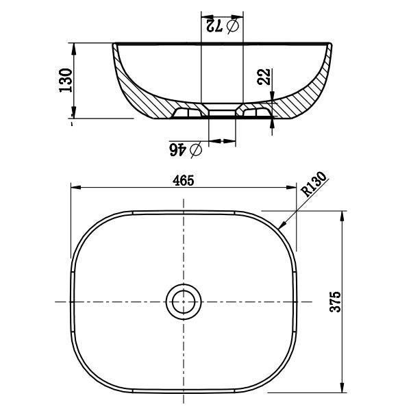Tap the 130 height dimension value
tap(66, 81)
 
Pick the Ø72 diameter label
tap(221, 26)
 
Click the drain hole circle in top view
tap(184, 301)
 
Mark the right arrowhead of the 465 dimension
tap(292, 188)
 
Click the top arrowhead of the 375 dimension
tap(340, 214)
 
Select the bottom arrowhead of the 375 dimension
tap(340, 390)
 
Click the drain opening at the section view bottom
tap(221, 113)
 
